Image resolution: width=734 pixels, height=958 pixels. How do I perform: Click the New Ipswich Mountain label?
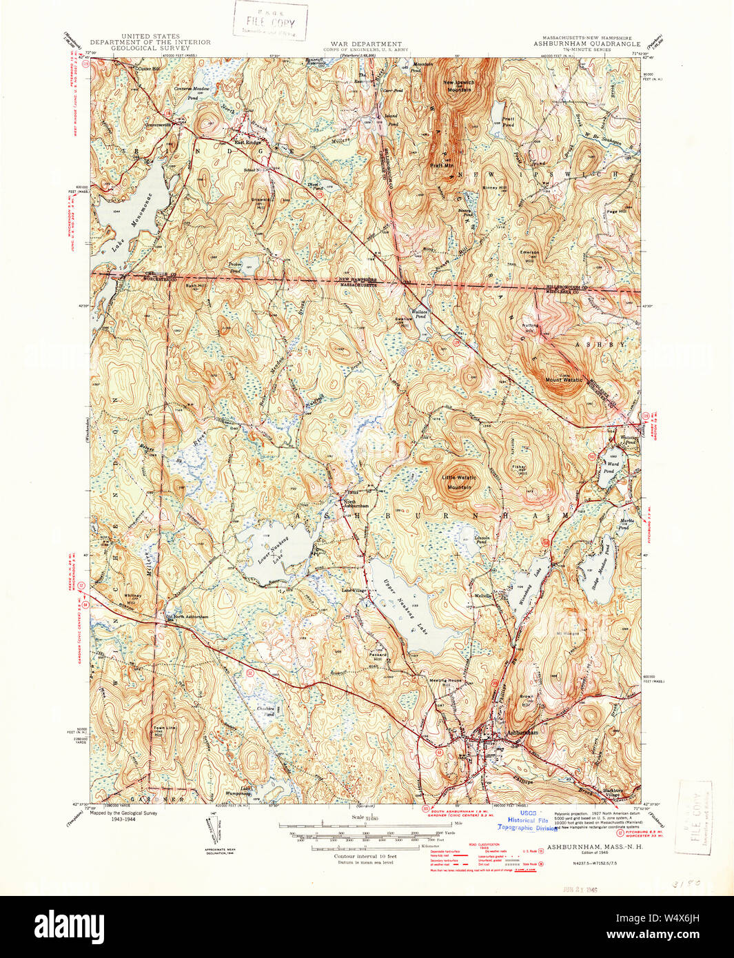458,86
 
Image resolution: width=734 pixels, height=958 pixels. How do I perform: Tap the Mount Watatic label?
564,380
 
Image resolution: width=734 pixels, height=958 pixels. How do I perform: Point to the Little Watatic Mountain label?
459,482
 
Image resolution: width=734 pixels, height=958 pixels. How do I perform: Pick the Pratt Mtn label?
442,165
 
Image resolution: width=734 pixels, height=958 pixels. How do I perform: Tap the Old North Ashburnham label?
187,616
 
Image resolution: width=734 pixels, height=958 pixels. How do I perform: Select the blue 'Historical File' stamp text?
529,820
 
